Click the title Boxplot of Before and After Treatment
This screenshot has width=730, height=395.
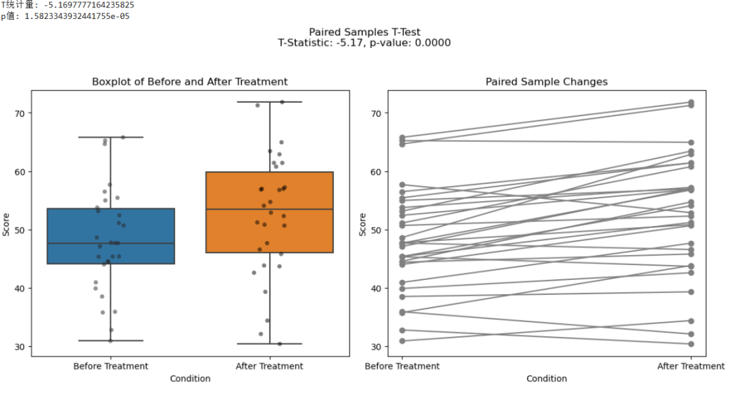coord(190,82)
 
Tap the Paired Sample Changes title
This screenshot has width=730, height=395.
coord(546,82)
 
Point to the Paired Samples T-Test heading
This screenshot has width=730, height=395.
coord(364,32)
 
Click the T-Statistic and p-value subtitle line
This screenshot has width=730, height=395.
coord(364,43)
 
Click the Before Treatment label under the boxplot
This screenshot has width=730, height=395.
coord(110,366)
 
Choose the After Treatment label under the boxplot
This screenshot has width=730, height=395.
coord(269,366)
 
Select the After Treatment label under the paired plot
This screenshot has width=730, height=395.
coord(691,366)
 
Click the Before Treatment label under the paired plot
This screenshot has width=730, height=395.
coord(402,366)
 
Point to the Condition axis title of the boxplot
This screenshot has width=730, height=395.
coord(190,379)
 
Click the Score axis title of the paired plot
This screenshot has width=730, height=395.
coord(362,225)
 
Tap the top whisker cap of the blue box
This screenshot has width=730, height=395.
coord(110,137)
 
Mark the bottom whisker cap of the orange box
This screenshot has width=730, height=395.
coord(269,344)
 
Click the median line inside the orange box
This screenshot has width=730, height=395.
coord(269,210)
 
